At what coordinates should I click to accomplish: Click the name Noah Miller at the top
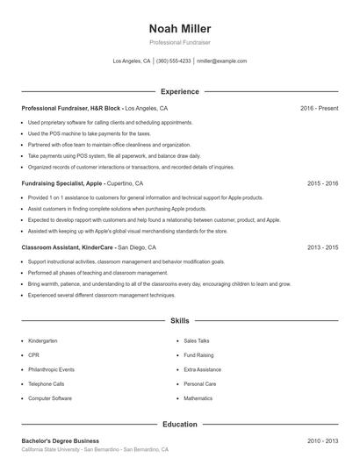click(x=180, y=28)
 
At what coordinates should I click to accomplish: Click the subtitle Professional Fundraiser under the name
click(x=180, y=42)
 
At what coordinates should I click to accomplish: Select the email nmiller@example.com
click(x=222, y=61)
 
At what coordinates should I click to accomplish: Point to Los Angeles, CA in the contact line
click(x=132, y=61)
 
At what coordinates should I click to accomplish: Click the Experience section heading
click(x=180, y=91)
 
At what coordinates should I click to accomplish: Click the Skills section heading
click(x=180, y=322)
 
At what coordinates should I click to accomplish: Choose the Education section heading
click(x=180, y=424)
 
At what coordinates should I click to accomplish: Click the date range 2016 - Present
click(x=319, y=108)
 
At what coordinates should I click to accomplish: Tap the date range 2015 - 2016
click(x=322, y=183)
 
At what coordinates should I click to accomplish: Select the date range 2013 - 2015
click(x=322, y=247)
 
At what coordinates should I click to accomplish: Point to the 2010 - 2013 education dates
click(x=322, y=440)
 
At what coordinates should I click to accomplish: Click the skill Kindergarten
click(x=42, y=340)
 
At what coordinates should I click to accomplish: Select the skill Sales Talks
click(x=197, y=340)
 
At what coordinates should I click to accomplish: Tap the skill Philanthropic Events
click(x=51, y=369)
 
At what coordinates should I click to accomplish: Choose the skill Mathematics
click(x=198, y=398)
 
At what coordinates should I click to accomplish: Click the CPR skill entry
click(x=33, y=354)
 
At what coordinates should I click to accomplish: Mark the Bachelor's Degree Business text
click(x=60, y=440)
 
